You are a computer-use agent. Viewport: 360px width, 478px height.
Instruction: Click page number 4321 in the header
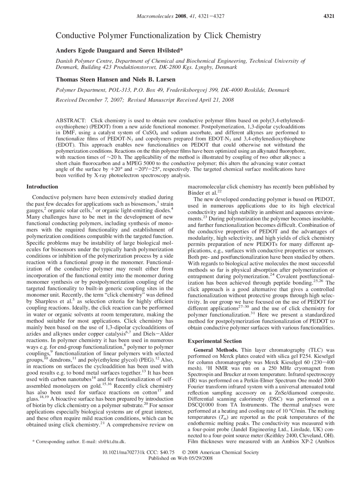pos(329,16)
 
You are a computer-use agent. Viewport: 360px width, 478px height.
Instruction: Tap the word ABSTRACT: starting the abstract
pos(71,120)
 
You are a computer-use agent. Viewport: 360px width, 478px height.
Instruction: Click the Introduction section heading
pos(42,187)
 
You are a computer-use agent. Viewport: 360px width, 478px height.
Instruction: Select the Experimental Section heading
pos(215,341)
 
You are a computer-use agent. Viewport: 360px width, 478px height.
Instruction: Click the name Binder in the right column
pos(195,193)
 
